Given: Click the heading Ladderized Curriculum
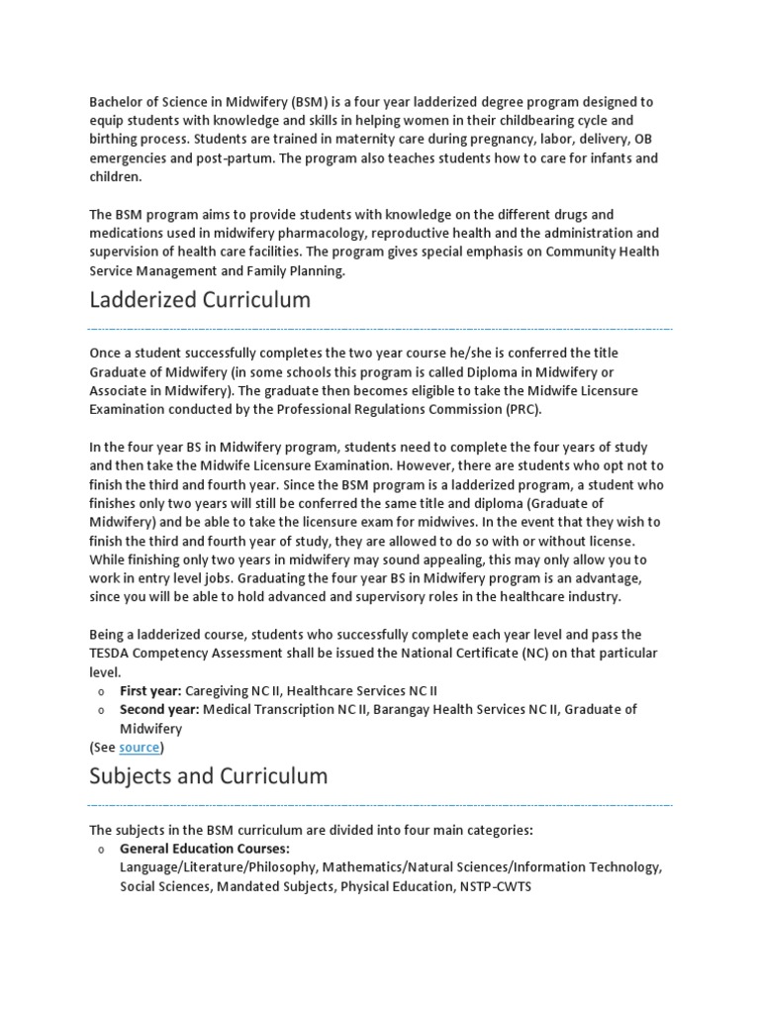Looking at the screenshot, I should pos(200,299).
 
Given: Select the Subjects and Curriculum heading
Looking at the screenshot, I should pos(208,775).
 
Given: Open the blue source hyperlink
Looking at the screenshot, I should pos(140,747).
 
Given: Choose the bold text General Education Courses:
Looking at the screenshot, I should pos(205,849).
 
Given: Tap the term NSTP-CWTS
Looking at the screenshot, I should pos(495,886).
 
